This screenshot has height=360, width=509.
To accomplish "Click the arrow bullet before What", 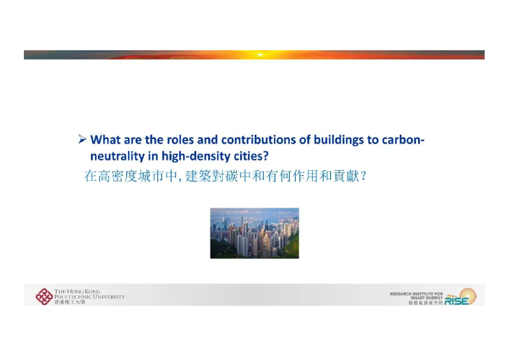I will point(83,140).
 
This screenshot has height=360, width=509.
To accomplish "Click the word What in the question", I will point(105,140).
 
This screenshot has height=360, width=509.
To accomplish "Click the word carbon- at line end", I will point(403,140).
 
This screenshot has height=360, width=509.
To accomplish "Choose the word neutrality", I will point(115,156).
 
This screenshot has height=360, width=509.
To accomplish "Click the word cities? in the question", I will point(251,156).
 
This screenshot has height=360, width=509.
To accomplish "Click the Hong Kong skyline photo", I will point(254,233).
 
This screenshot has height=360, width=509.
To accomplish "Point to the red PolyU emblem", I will point(44,296).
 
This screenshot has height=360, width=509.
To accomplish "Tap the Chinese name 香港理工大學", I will point(70,302).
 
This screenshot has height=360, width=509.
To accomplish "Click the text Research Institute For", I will point(416,294).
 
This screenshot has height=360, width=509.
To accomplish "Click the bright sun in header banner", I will point(259,54).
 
